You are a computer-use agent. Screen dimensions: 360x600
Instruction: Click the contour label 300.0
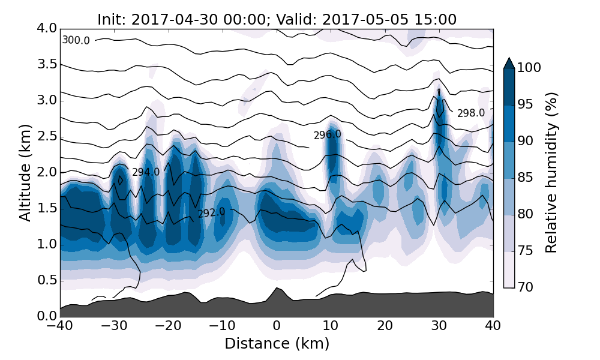click(x=76, y=40)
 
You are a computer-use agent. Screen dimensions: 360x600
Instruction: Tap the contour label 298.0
click(x=471, y=113)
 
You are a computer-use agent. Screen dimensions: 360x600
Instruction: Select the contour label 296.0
click(x=328, y=134)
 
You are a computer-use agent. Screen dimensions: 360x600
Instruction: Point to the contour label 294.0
click(x=146, y=172)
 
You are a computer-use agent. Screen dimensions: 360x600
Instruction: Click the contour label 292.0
click(x=211, y=212)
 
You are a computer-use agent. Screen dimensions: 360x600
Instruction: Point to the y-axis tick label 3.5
click(x=46, y=64)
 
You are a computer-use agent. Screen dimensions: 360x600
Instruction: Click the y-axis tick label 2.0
click(x=46, y=172)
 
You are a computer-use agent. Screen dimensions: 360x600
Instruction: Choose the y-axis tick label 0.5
click(x=46, y=280)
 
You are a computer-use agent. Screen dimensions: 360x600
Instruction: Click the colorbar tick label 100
click(x=529, y=68)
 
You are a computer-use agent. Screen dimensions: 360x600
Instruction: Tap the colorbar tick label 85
click(x=525, y=178)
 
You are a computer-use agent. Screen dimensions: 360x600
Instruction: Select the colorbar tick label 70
click(x=525, y=287)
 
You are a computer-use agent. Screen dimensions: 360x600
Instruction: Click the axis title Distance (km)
click(x=277, y=343)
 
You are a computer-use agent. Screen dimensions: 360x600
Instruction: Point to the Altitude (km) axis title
click(x=25, y=172)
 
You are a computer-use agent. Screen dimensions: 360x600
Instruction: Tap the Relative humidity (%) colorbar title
click(x=551, y=172)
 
